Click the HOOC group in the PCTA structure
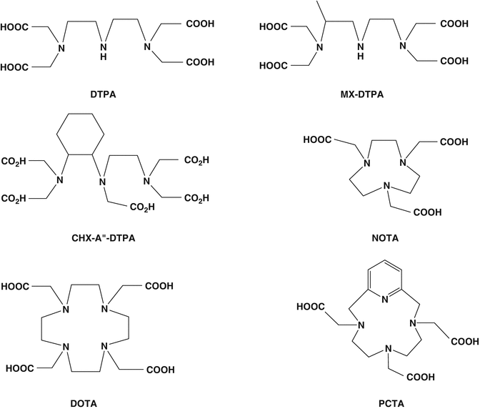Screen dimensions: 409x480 click(310, 309)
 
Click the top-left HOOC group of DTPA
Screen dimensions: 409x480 click(16, 29)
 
